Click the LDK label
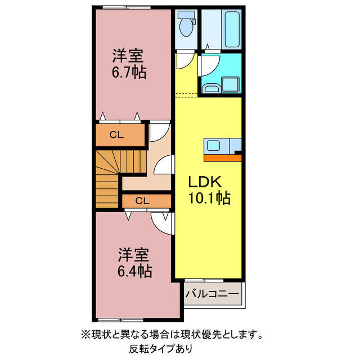point(206,183)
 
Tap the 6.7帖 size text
point(128,72)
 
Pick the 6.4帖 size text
point(134,271)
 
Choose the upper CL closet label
point(116,134)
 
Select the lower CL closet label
point(142,200)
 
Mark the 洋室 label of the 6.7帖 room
point(128,56)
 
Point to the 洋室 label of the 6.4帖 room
point(133,254)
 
